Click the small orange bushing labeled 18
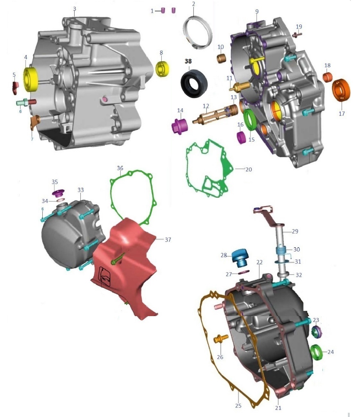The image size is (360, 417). coord(327,77)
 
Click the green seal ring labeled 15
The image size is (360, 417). coord(250,120)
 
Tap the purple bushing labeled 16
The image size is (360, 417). coord(241,137)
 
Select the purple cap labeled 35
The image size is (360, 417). coord(57,194)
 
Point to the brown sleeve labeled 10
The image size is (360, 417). coord(222,58)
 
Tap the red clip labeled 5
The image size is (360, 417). coord(15,87)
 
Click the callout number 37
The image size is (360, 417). coord(168,240)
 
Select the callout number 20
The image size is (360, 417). coord(248,169)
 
